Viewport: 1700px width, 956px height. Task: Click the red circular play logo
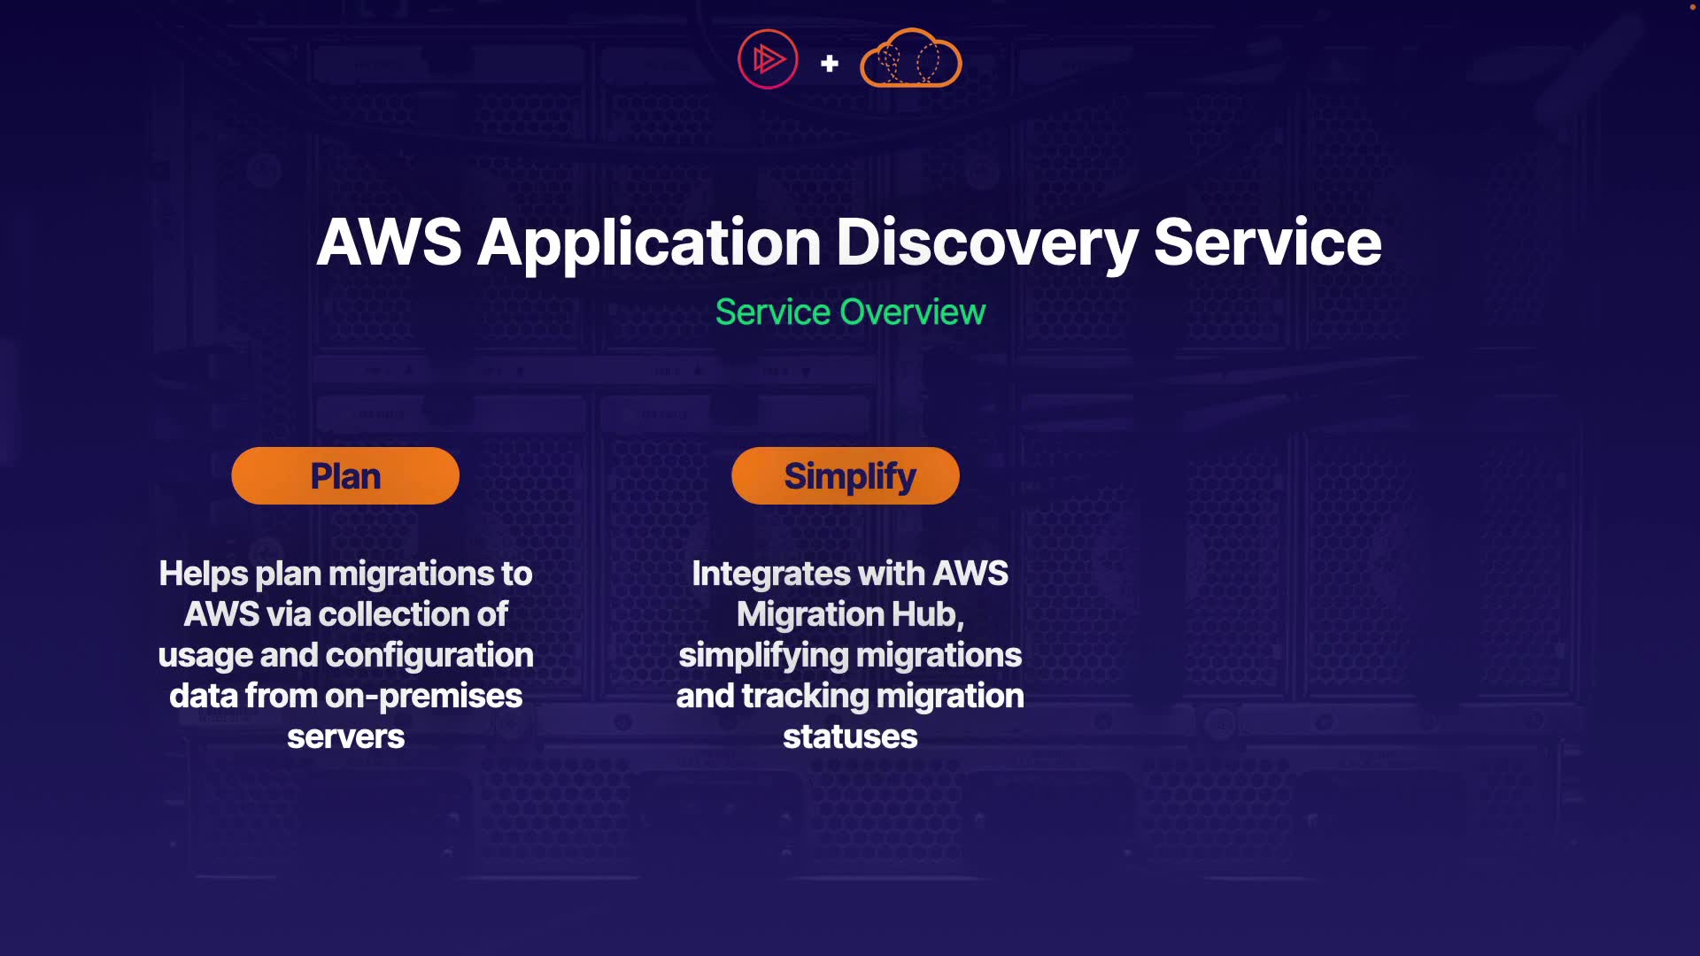768,59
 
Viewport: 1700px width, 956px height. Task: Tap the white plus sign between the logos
830,64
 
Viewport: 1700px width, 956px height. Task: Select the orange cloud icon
910,59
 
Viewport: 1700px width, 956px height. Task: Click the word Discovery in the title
986,243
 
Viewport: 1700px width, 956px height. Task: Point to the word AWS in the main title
389,243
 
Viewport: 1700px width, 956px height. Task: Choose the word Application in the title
649,243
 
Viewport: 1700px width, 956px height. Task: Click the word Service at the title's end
1267,243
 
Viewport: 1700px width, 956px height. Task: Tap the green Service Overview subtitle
850,312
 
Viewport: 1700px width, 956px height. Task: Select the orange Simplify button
845,476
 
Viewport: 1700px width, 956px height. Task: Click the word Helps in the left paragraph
203,574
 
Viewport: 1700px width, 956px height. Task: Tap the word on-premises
423,696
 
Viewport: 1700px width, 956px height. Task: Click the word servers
345,736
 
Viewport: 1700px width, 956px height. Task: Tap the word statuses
850,736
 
